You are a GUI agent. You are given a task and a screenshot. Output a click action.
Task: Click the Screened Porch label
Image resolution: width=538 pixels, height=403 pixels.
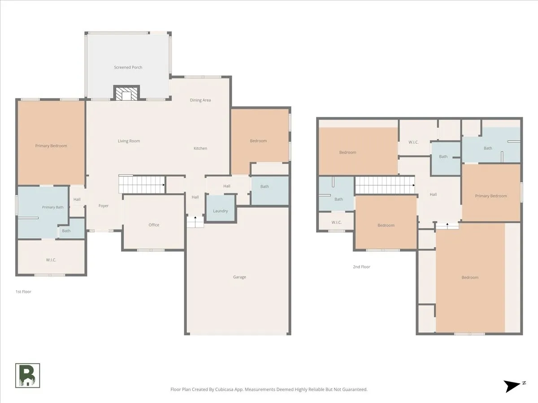(x=128, y=67)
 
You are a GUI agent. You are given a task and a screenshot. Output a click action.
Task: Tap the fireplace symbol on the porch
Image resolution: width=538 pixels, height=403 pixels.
(x=126, y=93)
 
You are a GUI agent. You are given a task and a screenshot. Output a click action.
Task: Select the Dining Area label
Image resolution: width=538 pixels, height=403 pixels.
(x=200, y=100)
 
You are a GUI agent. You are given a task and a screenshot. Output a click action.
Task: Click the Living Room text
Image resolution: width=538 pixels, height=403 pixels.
(x=129, y=141)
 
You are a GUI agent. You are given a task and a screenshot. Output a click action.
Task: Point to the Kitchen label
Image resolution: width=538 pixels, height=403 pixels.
(x=200, y=148)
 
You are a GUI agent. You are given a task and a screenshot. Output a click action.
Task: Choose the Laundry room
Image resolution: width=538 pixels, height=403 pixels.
(x=221, y=208)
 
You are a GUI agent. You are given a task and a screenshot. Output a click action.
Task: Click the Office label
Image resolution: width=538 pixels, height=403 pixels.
(x=154, y=225)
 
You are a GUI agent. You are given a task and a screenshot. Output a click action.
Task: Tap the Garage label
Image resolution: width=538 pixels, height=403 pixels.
(x=239, y=277)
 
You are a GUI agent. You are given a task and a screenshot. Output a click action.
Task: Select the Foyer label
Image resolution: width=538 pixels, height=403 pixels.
(x=104, y=206)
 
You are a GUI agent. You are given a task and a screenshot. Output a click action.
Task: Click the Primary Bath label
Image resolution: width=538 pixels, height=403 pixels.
(x=53, y=207)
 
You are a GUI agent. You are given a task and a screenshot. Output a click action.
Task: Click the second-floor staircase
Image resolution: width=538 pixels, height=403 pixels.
(x=385, y=185)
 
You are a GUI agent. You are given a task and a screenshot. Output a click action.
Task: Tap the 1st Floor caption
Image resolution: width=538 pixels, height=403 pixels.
(x=23, y=292)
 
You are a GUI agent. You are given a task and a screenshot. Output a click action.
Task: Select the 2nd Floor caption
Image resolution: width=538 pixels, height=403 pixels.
(x=361, y=267)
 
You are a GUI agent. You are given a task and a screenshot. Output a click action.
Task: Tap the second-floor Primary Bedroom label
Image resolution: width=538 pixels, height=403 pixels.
(x=491, y=196)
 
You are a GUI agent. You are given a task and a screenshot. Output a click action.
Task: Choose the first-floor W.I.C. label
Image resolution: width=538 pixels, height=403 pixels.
(x=51, y=260)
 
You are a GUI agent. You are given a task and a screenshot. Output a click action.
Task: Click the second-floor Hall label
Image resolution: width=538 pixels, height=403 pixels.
(x=433, y=194)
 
